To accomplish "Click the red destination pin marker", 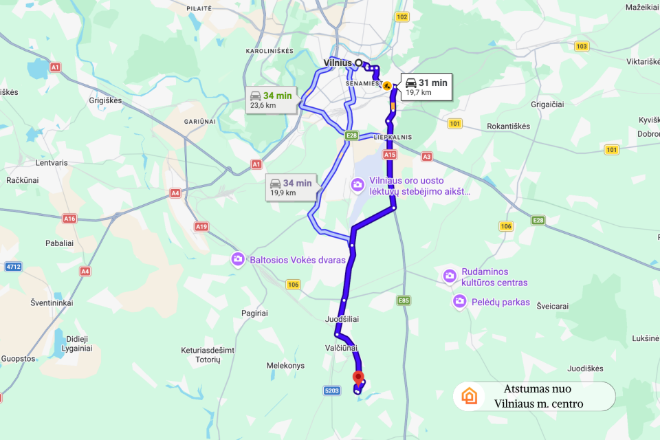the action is [357, 377].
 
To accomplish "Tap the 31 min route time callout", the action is [426, 87].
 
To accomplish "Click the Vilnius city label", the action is [338, 63].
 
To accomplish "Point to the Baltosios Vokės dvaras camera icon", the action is [237, 260].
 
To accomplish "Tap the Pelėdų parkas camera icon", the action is [459, 301].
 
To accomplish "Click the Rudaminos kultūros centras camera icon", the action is [449, 276].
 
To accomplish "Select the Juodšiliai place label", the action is [342, 320].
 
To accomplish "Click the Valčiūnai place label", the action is [342, 349].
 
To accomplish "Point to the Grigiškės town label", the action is [105, 100].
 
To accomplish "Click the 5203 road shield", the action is [332, 390].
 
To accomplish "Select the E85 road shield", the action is [404, 300].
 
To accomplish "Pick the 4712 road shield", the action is [13, 266].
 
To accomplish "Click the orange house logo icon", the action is [470, 396].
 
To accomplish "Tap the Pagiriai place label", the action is [254, 313].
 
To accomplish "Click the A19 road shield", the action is [201, 226].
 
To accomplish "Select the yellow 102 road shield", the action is [401, 16].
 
